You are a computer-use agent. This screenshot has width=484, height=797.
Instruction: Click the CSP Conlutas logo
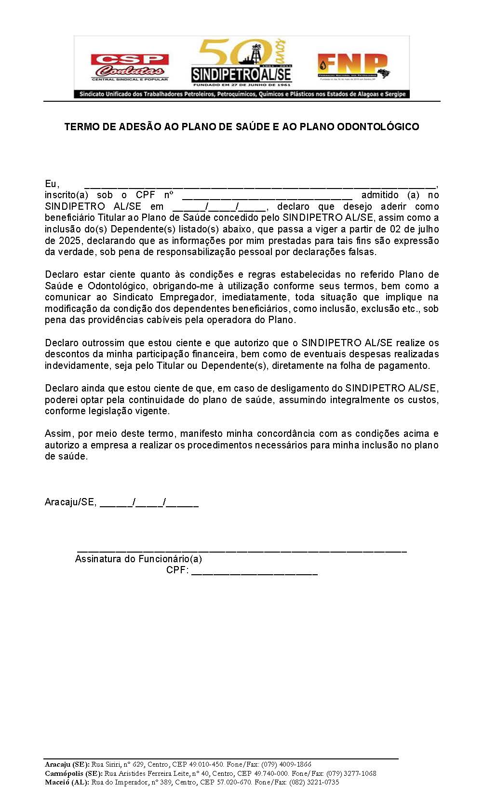(x=130, y=67)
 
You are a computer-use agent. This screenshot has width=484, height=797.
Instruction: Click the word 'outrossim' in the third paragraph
(x=104, y=343)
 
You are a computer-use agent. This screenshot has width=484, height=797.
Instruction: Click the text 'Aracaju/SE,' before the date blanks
(x=70, y=502)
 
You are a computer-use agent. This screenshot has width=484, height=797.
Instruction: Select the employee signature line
(x=242, y=550)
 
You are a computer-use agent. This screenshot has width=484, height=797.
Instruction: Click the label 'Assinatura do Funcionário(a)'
(x=138, y=559)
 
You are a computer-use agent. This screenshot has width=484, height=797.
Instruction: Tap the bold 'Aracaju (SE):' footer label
(x=67, y=764)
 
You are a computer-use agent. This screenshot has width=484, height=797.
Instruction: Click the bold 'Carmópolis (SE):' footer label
(x=74, y=773)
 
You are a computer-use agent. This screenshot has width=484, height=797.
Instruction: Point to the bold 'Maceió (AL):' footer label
(x=67, y=783)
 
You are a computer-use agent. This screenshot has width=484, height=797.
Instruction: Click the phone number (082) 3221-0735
(x=314, y=783)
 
